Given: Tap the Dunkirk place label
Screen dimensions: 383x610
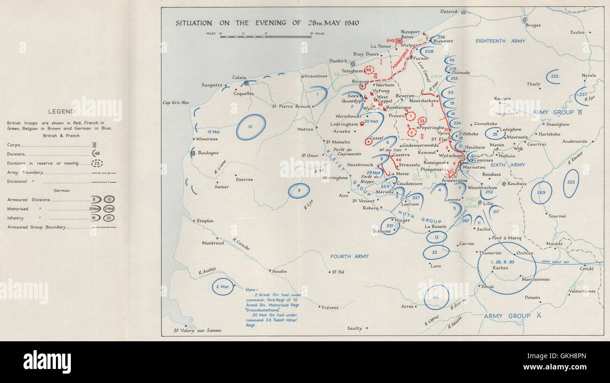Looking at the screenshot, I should click(x=337, y=61).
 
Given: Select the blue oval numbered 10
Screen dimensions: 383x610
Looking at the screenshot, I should click(x=251, y=127).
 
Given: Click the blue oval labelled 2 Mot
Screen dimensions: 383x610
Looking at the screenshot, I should click(x=222, y=286).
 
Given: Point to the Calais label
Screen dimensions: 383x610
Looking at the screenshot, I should click(x=239, y=78).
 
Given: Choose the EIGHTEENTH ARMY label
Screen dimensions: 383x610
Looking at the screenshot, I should click(x=500, y=41).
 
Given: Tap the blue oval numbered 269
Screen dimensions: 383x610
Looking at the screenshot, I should click(x=541, y=192).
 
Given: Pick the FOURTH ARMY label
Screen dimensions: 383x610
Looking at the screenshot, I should click(x=350, y=256).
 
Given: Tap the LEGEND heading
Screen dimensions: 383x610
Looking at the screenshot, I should click(x=61, y=112).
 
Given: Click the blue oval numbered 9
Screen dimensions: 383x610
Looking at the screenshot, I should click(x=299, y=190).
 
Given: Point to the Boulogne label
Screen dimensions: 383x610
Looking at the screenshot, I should click(x=208, y=153).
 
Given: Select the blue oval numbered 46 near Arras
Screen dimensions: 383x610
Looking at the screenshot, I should click(x=435, y=297).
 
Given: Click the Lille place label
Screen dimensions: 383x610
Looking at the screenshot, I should click(x=488, y=203).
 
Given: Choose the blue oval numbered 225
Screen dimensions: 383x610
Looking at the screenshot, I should click(x=555, y=76).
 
